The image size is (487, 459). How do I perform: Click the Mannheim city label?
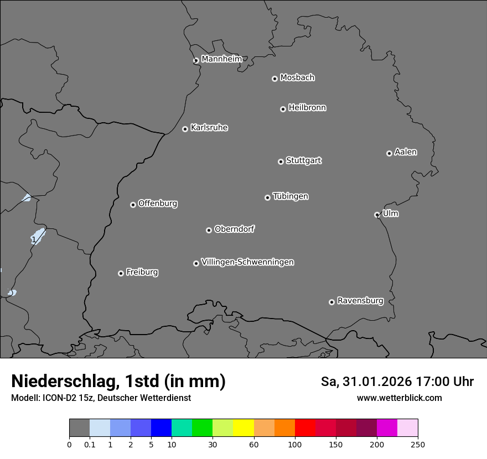coord(221,59)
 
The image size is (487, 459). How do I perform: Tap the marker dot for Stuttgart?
coord(281,161)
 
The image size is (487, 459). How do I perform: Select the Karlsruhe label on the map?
coord(209,128)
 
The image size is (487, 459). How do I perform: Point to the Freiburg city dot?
coord(121,273)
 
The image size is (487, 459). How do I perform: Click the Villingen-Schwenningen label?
coord(247,262)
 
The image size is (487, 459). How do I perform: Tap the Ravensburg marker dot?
coord(331,302)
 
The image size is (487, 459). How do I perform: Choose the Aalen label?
coord(405,152)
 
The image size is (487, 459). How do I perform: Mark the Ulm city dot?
coord(377,215)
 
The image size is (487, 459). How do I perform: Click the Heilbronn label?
coord(307,108)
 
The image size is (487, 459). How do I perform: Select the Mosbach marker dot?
coord(274,79)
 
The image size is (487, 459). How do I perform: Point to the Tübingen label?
coord(290,196)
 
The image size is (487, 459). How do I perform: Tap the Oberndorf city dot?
coord(209,230)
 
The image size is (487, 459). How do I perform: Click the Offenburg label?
coord(157,204)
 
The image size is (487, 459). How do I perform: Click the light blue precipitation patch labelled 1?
coord(37,236)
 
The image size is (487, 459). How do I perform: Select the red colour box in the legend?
coord(305,427)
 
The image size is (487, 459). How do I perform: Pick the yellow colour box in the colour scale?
coord(244,427)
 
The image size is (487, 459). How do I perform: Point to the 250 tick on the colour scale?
coord(418,444)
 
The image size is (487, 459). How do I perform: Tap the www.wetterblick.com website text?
coord(399,398)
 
